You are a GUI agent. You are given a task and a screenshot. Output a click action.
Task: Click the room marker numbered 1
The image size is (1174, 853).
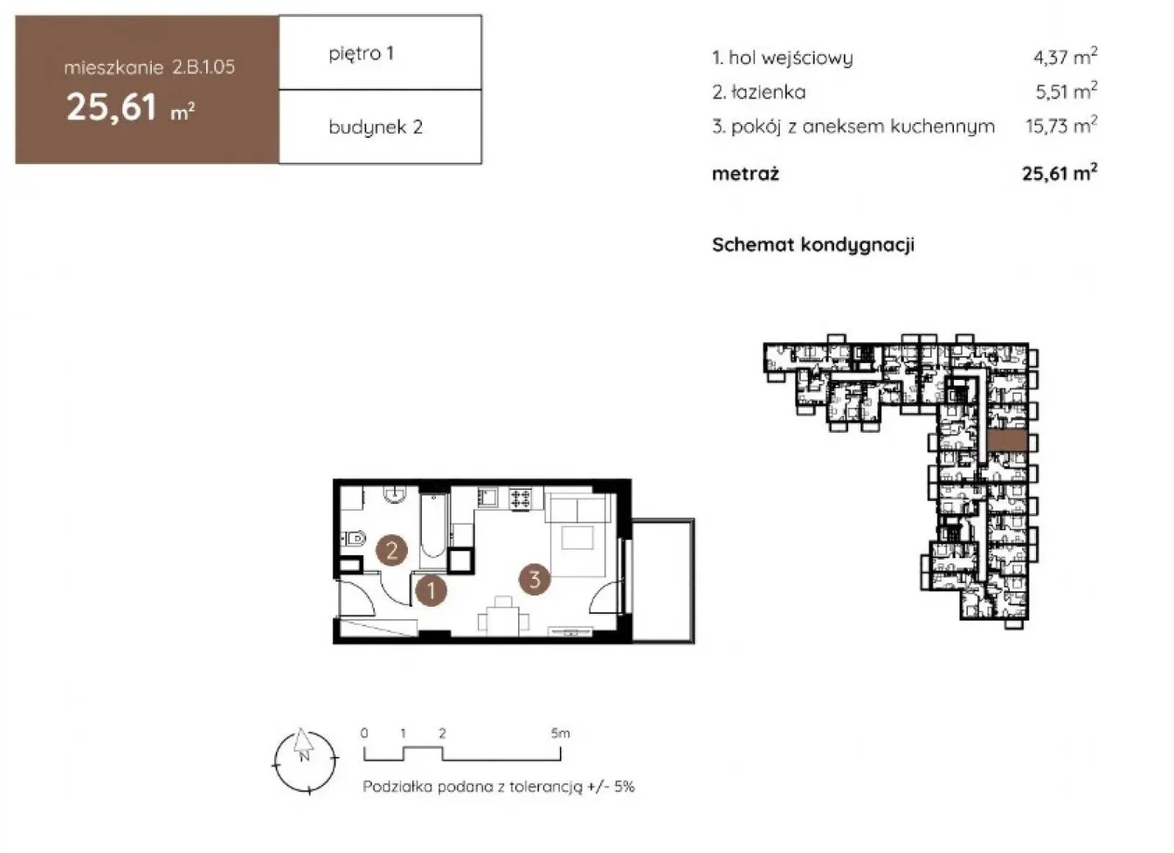click(x=431, y=590)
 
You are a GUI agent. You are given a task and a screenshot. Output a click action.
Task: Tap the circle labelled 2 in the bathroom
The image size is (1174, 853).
click(x=392, y=550)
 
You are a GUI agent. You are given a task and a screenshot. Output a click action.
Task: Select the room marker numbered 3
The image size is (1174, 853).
click(x=534, y=579)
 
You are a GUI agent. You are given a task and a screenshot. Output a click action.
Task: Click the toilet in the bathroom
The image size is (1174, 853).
click(x=354, y=538)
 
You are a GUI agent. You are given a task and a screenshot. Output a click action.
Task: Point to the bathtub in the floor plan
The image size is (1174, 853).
click(x=433, y=525)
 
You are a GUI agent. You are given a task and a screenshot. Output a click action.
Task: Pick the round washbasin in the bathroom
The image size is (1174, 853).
click(x=395, y=494)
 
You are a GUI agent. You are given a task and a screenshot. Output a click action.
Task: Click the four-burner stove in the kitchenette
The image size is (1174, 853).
click(x=521, y=498)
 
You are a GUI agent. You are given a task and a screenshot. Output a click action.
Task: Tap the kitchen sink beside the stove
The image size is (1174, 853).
click(x=488, y=497)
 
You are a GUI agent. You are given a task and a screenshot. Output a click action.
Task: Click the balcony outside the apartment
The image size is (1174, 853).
click(x=664, y=581)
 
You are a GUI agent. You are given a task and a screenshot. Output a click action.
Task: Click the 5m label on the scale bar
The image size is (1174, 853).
click(x=560, y=733)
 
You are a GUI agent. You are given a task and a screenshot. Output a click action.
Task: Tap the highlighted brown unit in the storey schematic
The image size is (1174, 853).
click(x=1007, y=440)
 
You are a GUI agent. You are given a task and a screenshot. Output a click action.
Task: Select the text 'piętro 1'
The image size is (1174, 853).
click(x=361, y=53)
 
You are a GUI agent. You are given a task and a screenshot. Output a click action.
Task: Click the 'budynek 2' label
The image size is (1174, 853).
click(x=376, y=127)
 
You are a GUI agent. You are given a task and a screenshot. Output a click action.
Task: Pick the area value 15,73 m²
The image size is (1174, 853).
click(x=1061, y=126)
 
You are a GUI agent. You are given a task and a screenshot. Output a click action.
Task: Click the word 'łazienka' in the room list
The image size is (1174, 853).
click(x=768, y=93)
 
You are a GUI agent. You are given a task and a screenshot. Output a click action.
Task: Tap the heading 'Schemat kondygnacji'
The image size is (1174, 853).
click(x=813, y=244)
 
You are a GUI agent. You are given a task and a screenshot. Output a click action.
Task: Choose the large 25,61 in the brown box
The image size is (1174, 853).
click(x=112, y=107)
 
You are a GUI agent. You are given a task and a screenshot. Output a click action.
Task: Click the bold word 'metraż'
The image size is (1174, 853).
click(x=745, y=174)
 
